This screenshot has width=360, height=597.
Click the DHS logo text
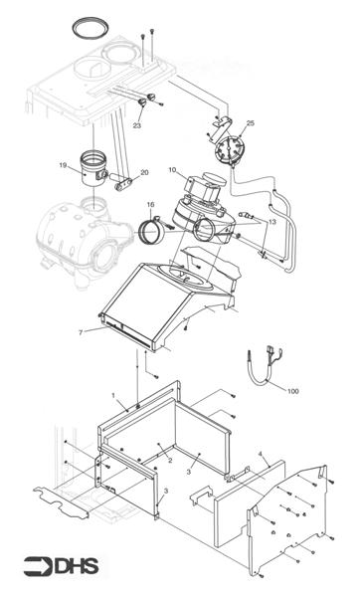click(x=77, y=566)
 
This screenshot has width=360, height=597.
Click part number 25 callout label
click(x=250, y=123)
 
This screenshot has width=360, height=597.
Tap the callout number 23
click(x=137, y=125)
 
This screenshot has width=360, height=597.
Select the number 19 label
click(x=64, y=165)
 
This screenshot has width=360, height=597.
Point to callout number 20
click(x=144, y=172)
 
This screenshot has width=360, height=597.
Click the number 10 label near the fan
click(x=172, y=169)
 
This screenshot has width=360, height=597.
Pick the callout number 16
click(x=151, y=205)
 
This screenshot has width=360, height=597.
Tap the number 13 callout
click(x=272, y=222)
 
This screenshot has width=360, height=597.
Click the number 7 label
click(x=81, y=332)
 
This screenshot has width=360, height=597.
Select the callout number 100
click(x=292, y=391)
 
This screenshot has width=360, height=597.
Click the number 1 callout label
click(x=113, y=396)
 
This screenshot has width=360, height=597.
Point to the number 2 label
click(x=170, y=461)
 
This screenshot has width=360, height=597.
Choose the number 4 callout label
click(x=261, y=454)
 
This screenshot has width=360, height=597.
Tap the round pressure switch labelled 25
click(x=230, y=149)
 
